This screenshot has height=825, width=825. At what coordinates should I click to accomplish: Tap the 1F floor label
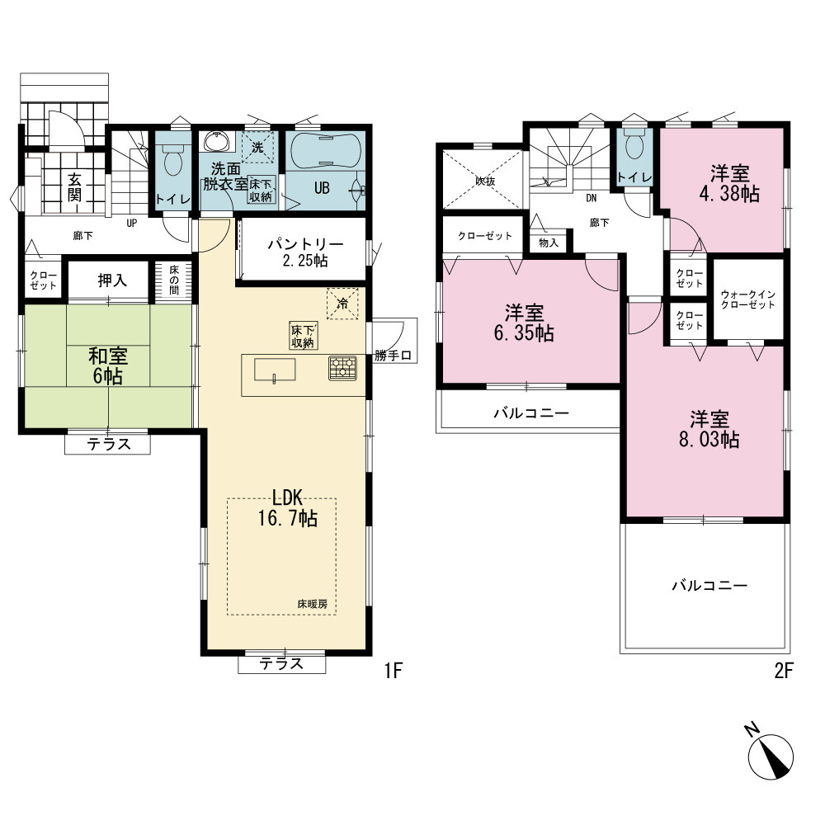pyautogui.click(x=393, y=671)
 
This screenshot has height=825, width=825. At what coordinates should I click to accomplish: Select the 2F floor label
pyautogui.click(x=783, y=671)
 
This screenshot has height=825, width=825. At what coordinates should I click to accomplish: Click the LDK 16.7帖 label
pyautogui.click(x=287, y=507)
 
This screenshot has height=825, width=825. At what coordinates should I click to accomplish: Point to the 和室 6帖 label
pyautogui.click(x=108, y=366)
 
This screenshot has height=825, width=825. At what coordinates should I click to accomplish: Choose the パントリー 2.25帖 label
pyautogui.click(x=305, y=252)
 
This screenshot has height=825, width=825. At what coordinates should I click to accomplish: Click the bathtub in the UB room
pyautogui.click(x=326, y=150)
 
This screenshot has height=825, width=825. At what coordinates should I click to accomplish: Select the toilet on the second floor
pyautogui.click(x=635, y=144)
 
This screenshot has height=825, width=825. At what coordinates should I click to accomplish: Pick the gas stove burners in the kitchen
pyautogui.click(x=342, y=368)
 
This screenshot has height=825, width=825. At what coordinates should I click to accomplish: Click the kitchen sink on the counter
pyautogui.click(x=275, y=370)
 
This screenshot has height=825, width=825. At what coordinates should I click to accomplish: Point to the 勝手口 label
pyautogui.click(x=393, y=356)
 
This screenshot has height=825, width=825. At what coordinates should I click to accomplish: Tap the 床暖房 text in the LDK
pyautogui.click(x=313, y=604)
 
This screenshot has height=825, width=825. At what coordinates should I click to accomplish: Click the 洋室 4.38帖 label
pyautogui.click(x=729, y=184)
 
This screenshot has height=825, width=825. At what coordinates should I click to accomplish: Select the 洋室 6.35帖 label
pyautogui.click(x=524, y=323)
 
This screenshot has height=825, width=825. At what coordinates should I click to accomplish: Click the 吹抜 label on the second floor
pyautogui.click(x=485, y=181)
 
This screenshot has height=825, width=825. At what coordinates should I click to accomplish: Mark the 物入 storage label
pyautogui.click(x=549, y=243)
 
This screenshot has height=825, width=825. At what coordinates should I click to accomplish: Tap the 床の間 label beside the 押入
pyautogui.click(x=174, y=280)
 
